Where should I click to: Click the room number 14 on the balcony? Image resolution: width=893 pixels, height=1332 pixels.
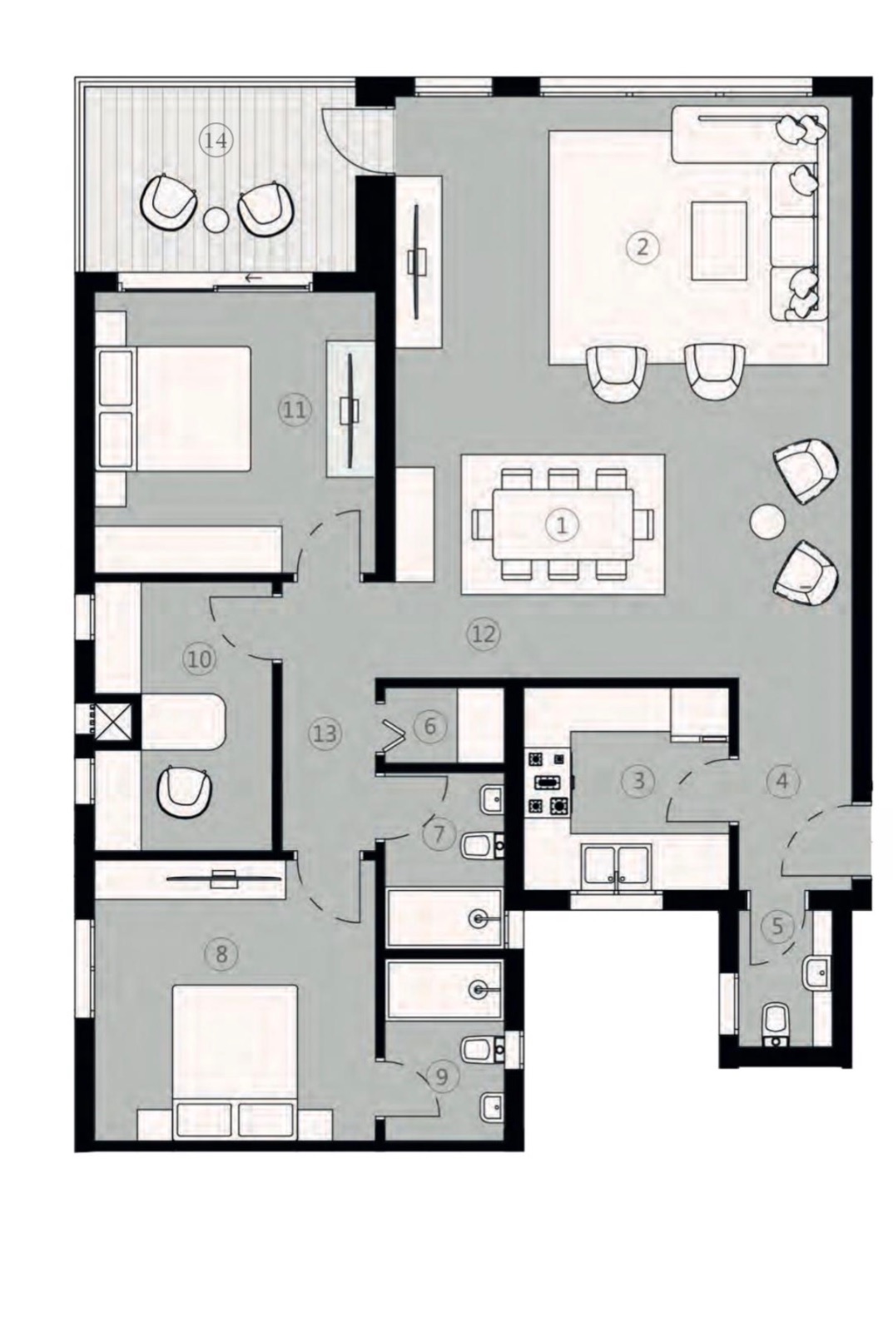[x=216, y=142]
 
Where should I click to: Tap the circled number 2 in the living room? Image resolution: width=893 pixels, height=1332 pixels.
[x=642, y=246]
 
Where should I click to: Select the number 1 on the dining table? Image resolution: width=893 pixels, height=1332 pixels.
[x=561, y=524]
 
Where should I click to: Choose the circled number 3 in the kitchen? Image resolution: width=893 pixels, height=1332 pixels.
[x=638, y=779]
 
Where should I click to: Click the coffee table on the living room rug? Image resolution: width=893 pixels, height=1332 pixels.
[x=719, y=241]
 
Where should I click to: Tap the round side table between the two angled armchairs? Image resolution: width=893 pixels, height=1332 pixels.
[x=767, y=522]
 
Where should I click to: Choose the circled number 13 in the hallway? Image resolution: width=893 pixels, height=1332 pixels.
[x=325, y=733]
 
